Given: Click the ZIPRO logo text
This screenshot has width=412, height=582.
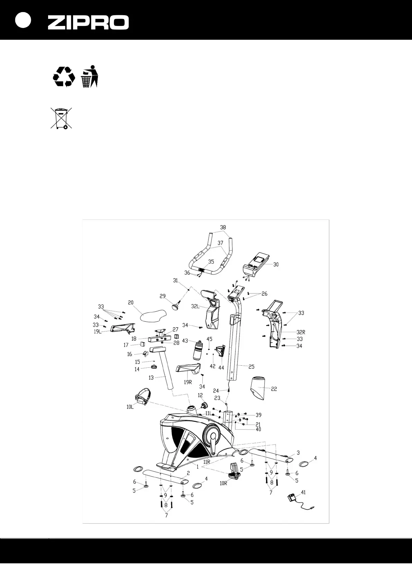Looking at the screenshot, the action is tap(88, 22).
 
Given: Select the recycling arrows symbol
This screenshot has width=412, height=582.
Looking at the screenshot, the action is tap(64, 76).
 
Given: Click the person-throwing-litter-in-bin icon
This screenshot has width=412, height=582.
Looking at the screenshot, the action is tap(90, 76).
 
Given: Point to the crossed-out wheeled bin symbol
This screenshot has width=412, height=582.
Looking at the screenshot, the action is tap(61, 118).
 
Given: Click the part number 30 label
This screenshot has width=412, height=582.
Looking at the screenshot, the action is tap(276, 265).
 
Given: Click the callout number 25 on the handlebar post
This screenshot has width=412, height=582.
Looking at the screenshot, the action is tap(251, 367).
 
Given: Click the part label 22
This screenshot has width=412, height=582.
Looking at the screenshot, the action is tap(274, 389).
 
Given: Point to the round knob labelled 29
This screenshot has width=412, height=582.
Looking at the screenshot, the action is tap(177, 306).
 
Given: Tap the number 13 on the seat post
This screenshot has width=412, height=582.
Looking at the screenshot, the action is tap(151, 378).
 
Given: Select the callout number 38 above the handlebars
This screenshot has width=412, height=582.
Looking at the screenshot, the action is tap(223, 228).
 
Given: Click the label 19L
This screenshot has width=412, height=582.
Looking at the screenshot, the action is tap(98, 331).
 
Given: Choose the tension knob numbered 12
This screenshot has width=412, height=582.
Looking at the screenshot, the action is tap(204, 405).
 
